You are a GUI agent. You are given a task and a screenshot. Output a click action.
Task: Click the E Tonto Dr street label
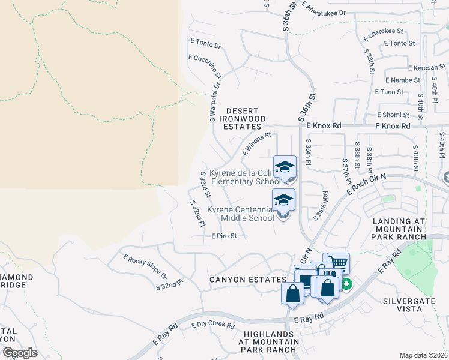[x=206, y=43]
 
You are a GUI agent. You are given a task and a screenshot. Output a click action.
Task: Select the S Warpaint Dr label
[x=215, y=101]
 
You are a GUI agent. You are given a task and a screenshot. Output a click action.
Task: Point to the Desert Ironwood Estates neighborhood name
[x=243, y=119]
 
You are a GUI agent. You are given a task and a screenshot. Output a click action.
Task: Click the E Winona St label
[x=257, y=144]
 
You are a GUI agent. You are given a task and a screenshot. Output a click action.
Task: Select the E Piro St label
[x=224, y=236]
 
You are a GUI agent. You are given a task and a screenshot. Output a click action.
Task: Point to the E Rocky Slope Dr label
[x=145, y=268]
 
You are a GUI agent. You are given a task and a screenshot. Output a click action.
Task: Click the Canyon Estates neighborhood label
[x=247, y=280]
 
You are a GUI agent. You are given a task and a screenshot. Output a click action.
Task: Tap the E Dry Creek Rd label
[x=212, y=325]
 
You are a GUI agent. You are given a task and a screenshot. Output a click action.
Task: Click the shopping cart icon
[x=338, y=262]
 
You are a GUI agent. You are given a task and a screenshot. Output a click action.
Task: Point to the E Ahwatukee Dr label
[x=325, y=10]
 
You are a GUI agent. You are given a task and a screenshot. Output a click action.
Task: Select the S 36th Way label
[x=322, y=202]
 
